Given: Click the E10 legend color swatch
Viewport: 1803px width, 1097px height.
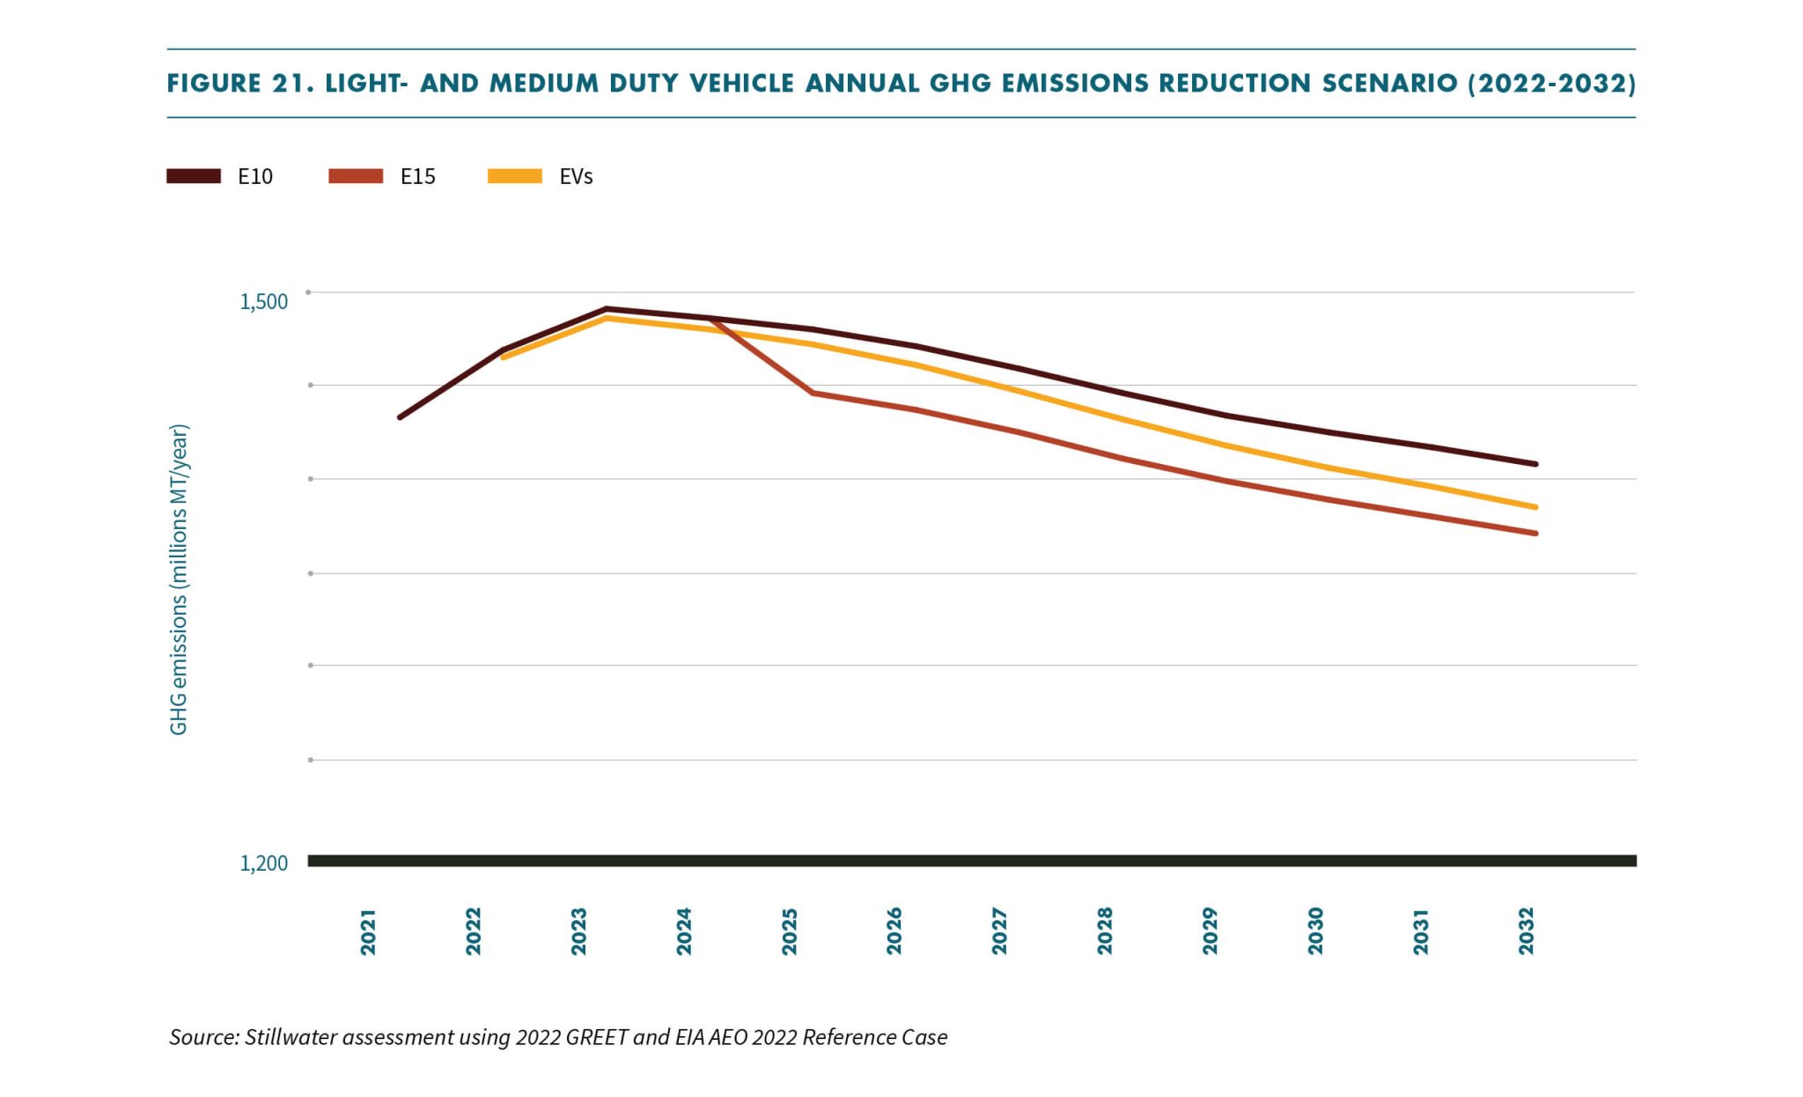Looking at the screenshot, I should point(194,176).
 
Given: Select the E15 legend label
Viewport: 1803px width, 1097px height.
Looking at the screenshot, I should point(417,177).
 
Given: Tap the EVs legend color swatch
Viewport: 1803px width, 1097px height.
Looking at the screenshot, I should point(515,176).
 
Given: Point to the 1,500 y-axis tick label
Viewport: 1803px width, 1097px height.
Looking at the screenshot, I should point(263,302).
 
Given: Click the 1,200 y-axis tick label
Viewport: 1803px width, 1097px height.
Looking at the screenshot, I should point(263,864).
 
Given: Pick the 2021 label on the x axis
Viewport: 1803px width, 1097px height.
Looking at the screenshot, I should point(368,931).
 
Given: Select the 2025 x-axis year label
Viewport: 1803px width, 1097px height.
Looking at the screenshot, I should point(789,931).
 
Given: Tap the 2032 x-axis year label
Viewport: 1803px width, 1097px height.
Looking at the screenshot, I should point(1526,931).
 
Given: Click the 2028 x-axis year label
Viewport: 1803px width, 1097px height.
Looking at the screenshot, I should point(1105,931).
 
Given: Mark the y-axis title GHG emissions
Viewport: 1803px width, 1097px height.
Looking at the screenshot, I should point(179,579).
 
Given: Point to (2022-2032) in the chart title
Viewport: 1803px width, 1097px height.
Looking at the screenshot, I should point(1551,84).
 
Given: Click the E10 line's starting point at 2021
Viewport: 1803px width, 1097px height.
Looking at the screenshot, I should point(400,417).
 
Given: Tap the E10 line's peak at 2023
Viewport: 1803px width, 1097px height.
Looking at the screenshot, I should point(607,309).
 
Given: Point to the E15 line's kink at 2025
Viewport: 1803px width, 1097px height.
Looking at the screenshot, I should point(812,393).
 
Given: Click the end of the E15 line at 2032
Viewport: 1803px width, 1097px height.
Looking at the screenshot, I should point(1535,534).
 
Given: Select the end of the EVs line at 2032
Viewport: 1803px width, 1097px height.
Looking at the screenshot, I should point(1535,507).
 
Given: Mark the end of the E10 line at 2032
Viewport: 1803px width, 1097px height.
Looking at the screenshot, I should point(1535,464).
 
